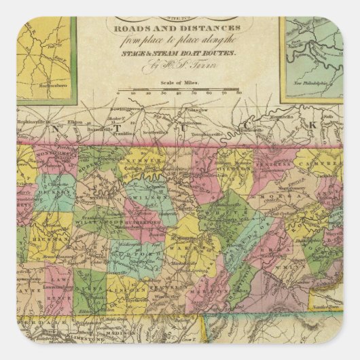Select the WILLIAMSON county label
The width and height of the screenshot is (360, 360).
[x=87, y=221]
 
